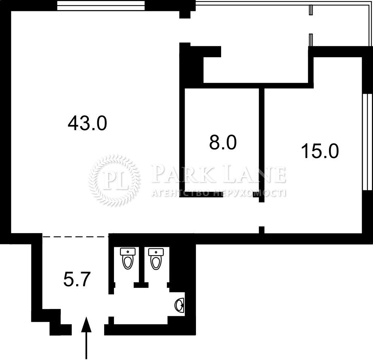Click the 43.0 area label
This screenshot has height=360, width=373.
coord(87,123)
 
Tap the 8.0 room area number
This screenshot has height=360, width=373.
coord(223,142)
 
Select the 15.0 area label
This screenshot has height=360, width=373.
coord(320,151)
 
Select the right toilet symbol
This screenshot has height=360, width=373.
coord(156,259)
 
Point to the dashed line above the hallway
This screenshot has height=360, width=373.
coord(75,237)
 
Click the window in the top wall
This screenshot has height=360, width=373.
coord(101,5)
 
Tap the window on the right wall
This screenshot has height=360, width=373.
coord(368,142)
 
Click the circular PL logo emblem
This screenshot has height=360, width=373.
coord(114,180)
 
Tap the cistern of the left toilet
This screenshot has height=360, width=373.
coord(128,251)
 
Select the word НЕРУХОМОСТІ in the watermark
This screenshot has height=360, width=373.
coord(249,193)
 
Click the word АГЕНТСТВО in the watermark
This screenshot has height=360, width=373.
coord(180,193)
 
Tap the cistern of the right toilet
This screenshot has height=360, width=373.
coord(156,252)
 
